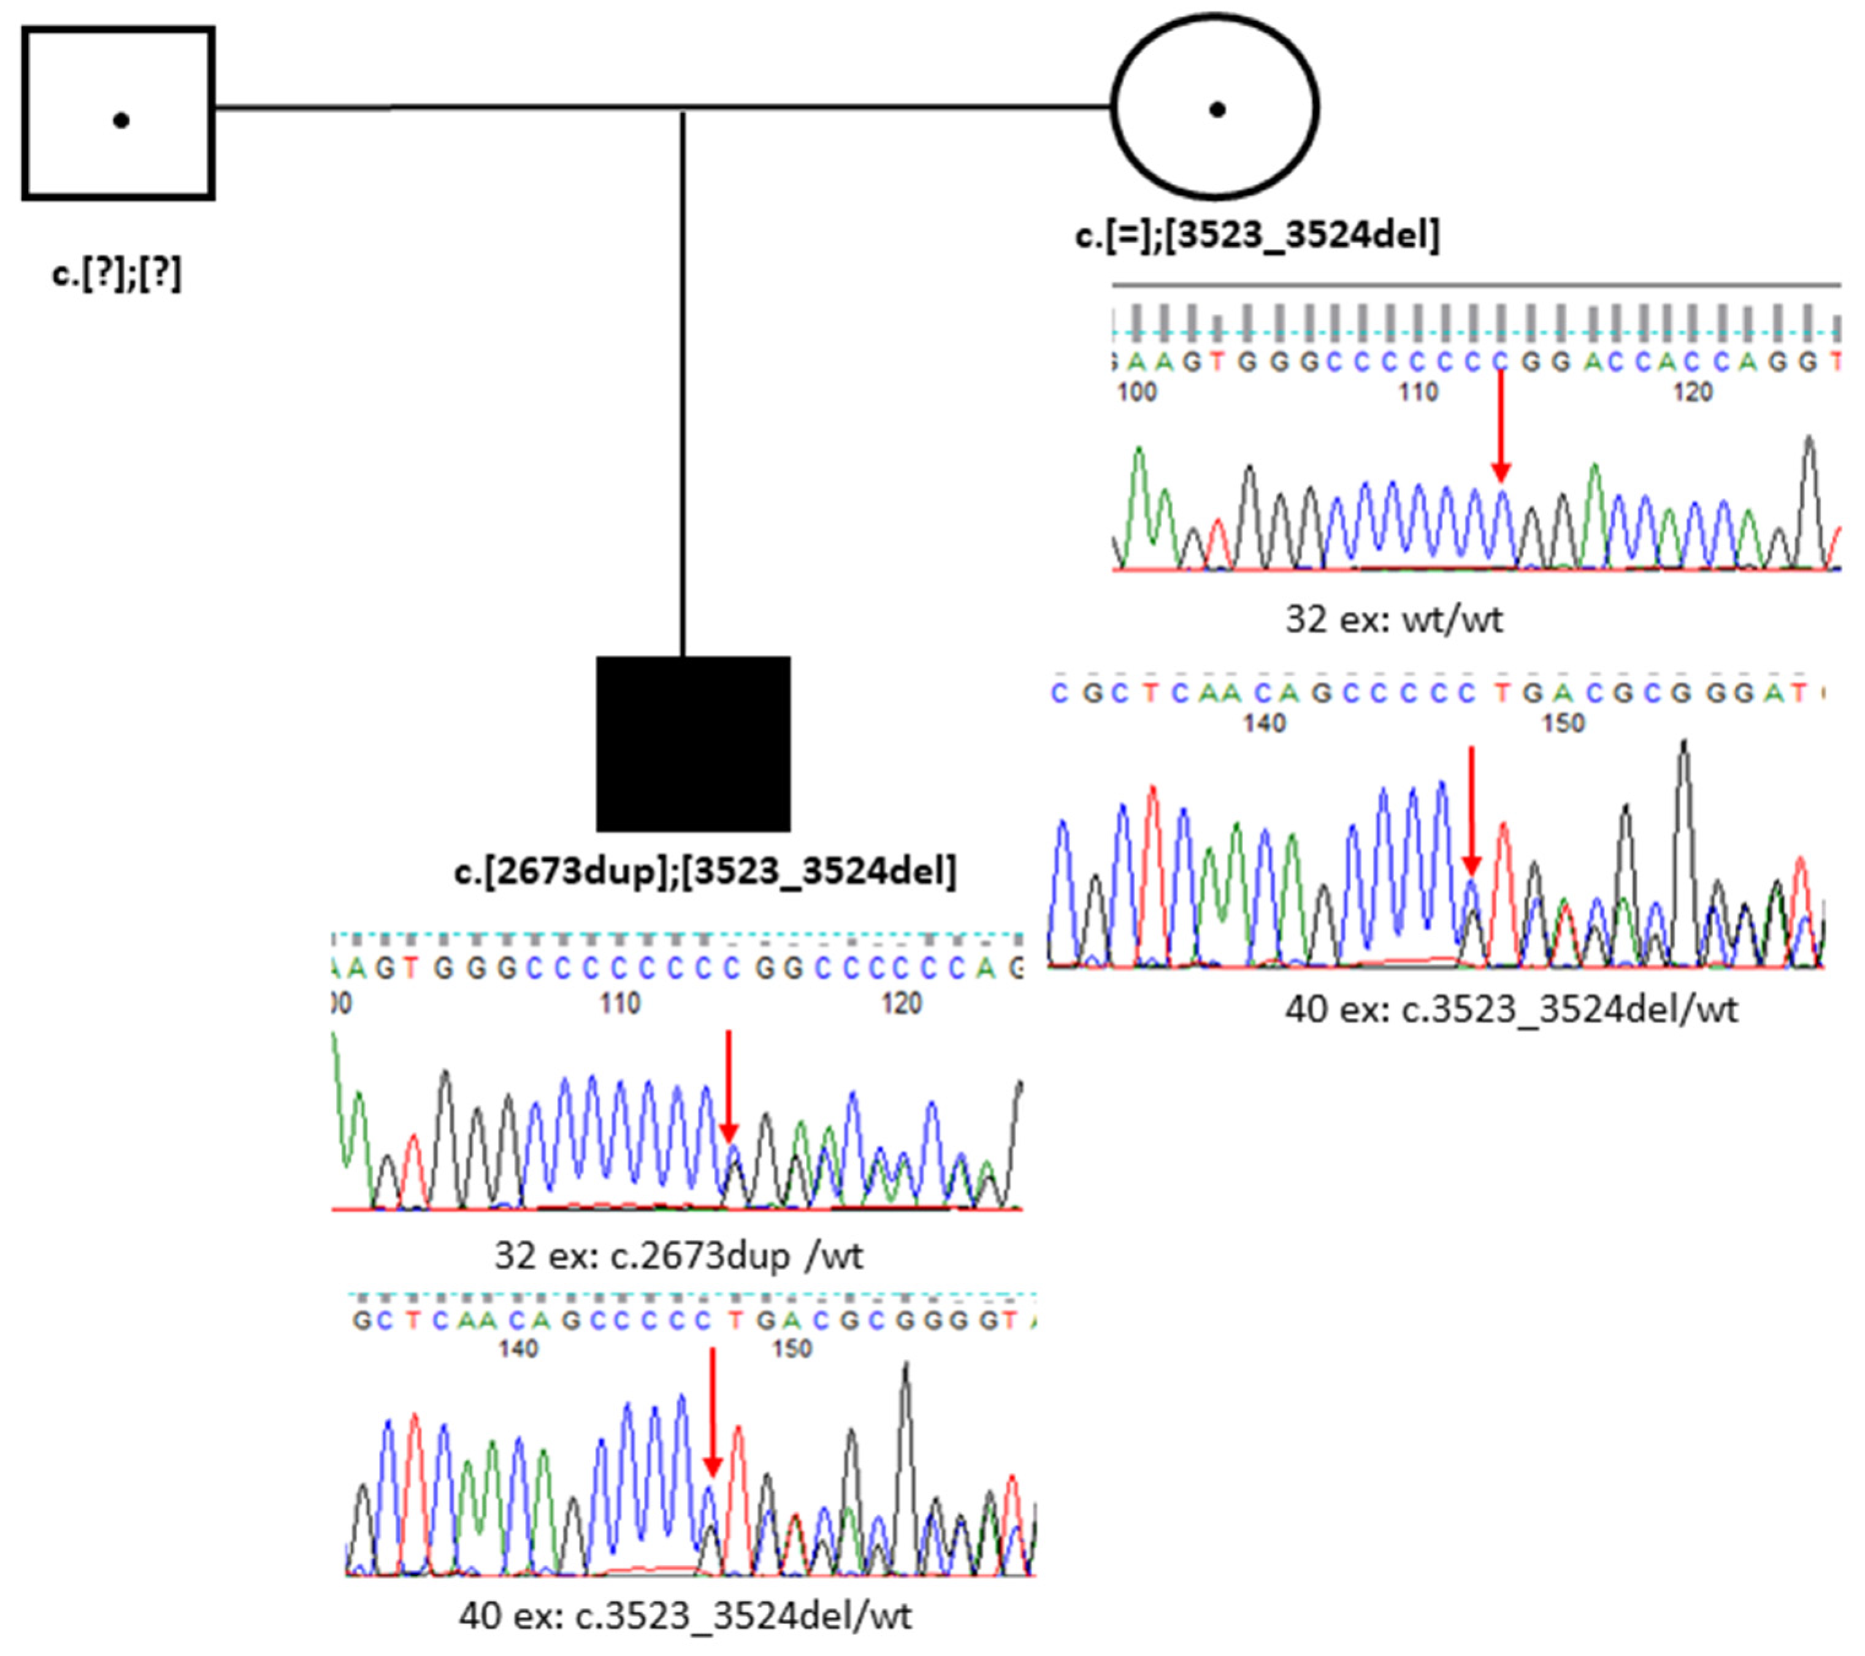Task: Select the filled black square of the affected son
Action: click(x=694, y=744)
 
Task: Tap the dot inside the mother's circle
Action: click(x=1216, y=110)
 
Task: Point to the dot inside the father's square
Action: click(x=120, y=120)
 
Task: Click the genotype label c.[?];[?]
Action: click(x=117, y=273)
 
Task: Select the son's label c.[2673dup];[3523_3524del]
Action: click(x=705, y=871)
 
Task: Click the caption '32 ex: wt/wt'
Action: click(x=1393, y=619)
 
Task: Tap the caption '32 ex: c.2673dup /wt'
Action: click(x=678, y=1256)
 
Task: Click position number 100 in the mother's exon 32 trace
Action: click(x=1137, y=392)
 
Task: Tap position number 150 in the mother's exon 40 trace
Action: click(x=1563, y=723)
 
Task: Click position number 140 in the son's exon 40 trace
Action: click(x=518, y=1348)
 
